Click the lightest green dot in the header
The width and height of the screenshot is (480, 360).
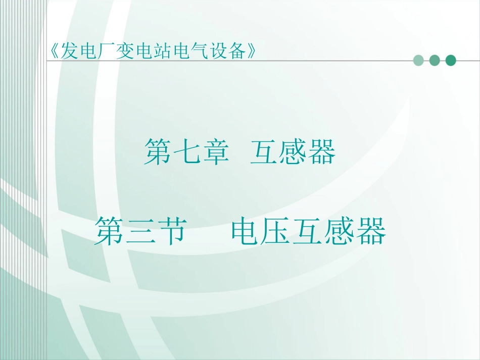point(418,61)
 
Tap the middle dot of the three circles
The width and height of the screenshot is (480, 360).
point(434,61)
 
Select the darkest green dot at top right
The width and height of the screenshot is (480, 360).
point(450,61)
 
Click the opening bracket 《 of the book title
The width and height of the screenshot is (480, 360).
point(55,50)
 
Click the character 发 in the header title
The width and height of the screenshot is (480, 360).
point(68,50)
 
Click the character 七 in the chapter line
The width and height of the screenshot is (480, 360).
point(185,152)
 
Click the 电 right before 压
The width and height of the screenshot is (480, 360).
point(246,232)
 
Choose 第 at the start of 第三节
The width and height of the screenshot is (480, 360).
point(108,232)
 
